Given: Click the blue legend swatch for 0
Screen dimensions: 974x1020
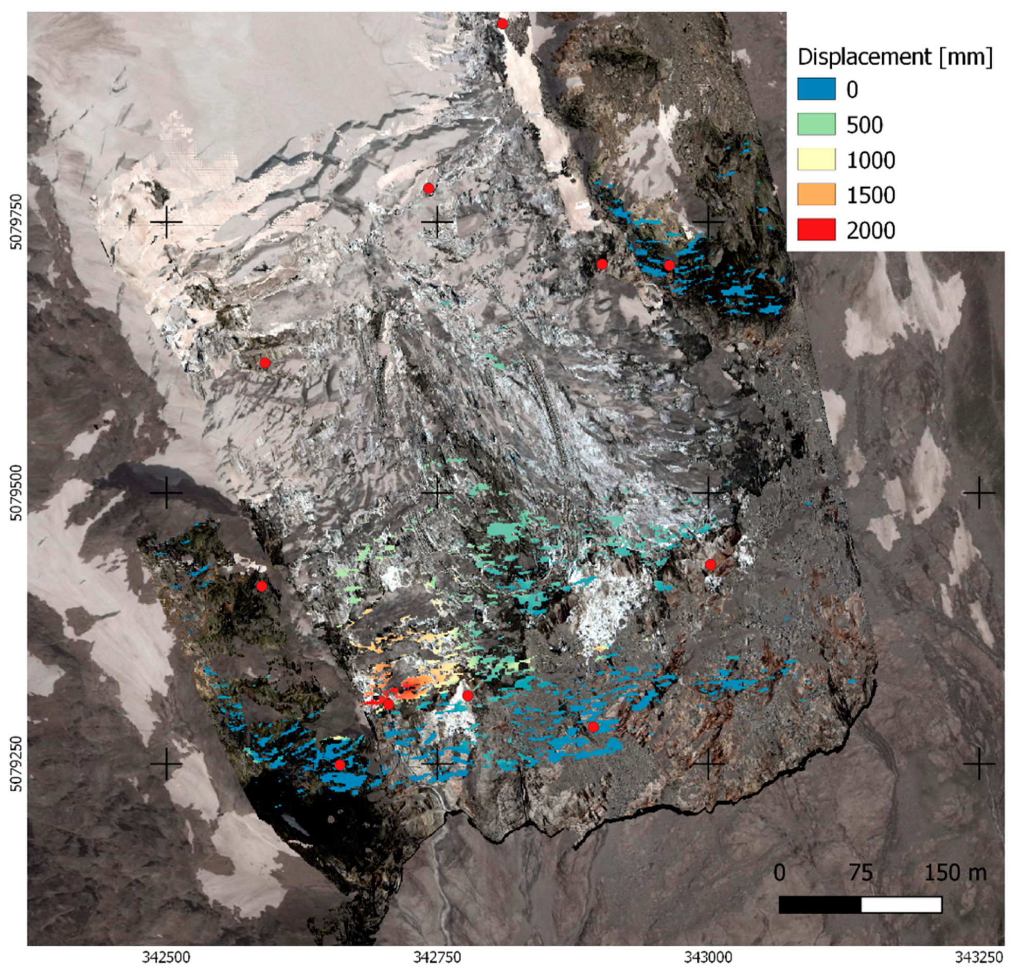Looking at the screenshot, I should [816, 89].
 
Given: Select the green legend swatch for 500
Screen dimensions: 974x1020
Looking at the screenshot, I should [816, 124].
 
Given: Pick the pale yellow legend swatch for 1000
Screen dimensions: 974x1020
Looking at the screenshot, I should [816, 159].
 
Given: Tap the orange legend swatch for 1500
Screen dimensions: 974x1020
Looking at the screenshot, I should [816, 195].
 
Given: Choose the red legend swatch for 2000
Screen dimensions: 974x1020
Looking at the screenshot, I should [816, 229].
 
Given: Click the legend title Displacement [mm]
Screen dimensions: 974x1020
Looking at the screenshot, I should [894, 57].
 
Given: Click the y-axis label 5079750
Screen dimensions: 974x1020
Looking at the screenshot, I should [16, 222].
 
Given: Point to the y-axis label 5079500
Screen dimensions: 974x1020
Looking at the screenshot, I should [16, 492].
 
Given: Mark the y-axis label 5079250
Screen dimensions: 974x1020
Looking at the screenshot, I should [16, 763].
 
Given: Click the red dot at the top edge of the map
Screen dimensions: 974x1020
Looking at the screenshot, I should [502, 23].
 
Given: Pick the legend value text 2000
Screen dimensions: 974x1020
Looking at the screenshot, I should [870, 230].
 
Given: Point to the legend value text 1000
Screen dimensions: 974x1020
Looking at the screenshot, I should [870, 160].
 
